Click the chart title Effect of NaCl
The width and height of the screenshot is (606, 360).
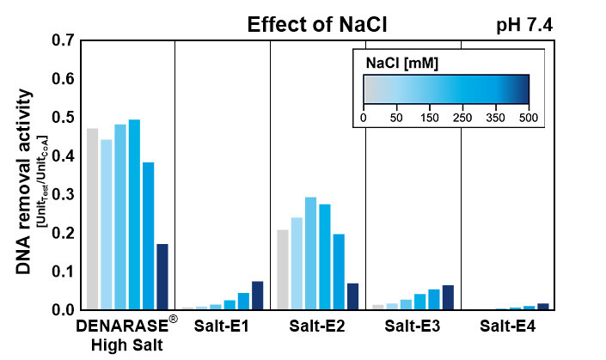click(317, 25)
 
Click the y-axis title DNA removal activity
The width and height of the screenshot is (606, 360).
click(25, 184)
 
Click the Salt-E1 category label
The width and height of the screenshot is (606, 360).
click(222, 326)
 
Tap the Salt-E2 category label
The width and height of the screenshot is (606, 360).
click(317, 326)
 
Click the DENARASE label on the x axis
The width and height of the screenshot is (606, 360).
click(124, 327)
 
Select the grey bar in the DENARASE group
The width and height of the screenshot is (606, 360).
click(92, 218)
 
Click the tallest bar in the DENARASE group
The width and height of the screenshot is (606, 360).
click(134, 214)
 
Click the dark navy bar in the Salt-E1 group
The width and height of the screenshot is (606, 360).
click(258, 295)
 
